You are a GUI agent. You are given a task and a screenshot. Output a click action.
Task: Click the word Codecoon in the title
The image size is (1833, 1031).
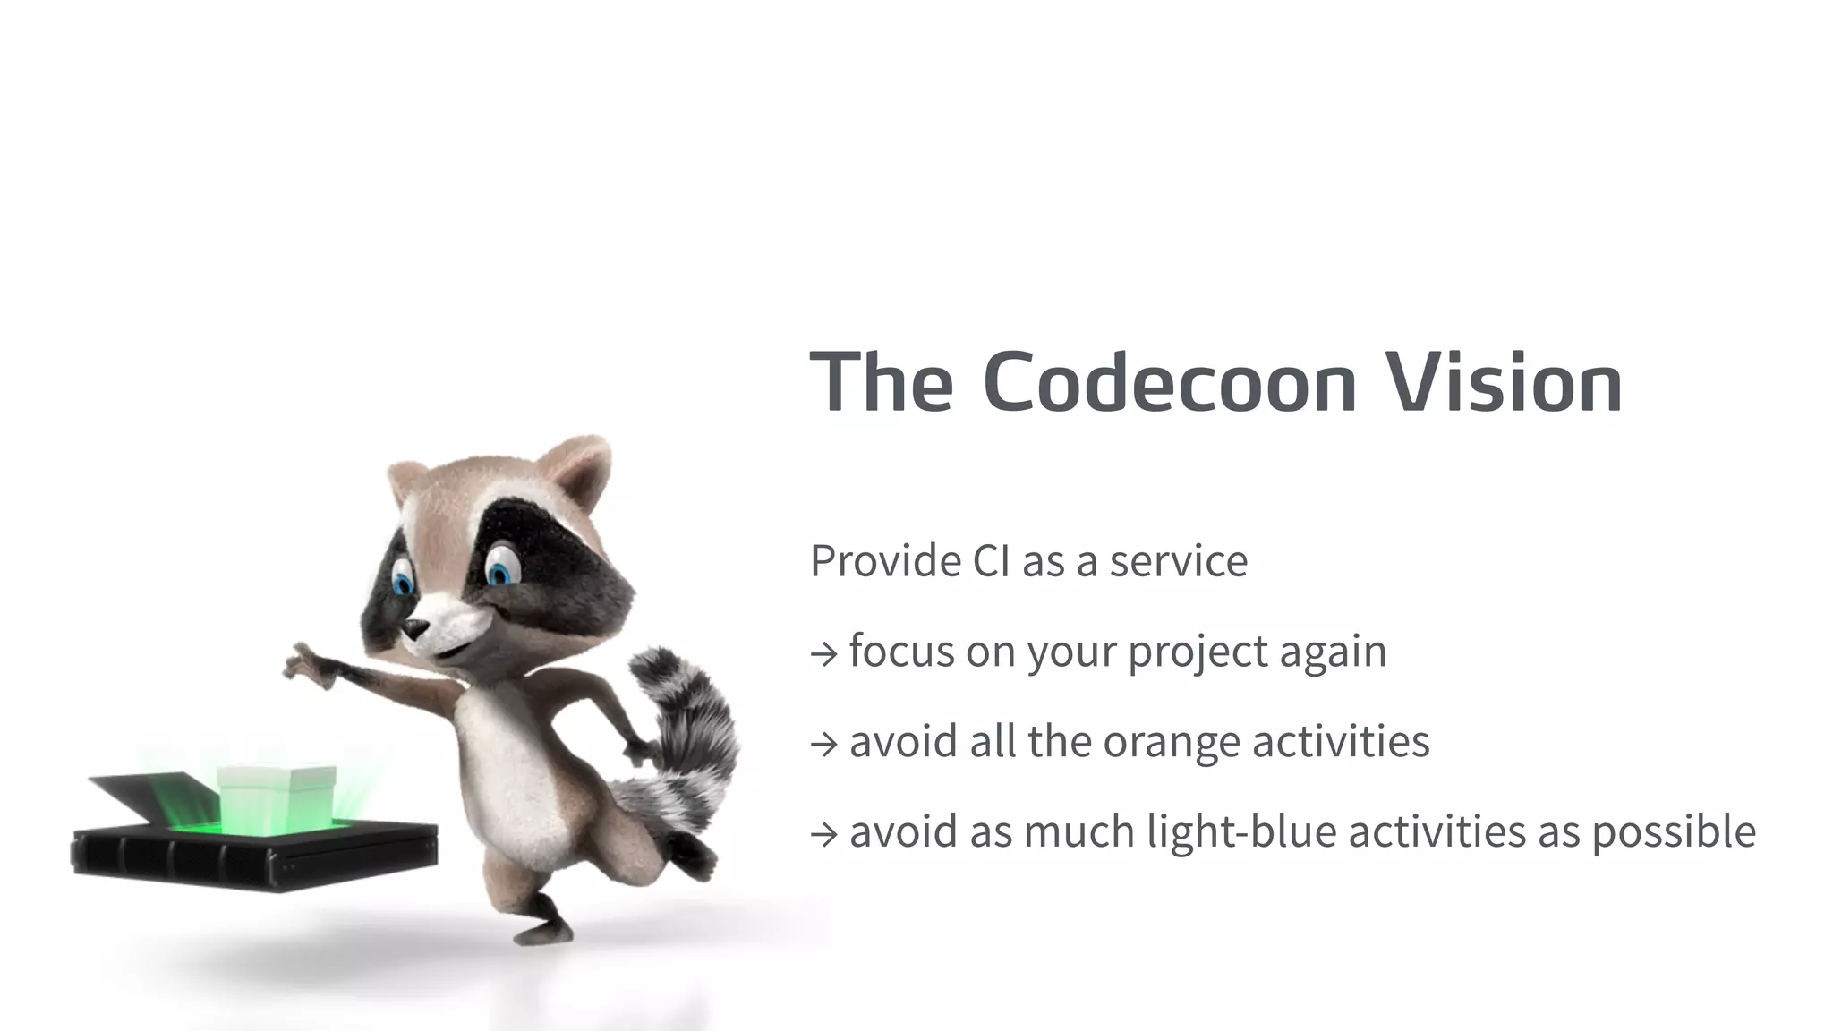pos(1170,383)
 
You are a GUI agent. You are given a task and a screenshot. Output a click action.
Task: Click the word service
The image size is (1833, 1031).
pos(1178,562)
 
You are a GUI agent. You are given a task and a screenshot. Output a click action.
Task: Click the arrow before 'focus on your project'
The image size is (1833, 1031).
pos(823,654)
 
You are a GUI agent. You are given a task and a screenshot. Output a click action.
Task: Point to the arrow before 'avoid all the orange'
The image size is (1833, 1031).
pos(823,744)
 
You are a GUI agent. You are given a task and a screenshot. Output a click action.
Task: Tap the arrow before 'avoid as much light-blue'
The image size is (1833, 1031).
pos(823,834)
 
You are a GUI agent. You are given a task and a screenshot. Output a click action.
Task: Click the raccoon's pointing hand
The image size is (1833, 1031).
pos(304,664)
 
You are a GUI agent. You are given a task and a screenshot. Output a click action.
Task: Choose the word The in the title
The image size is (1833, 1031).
pos(882,383)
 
